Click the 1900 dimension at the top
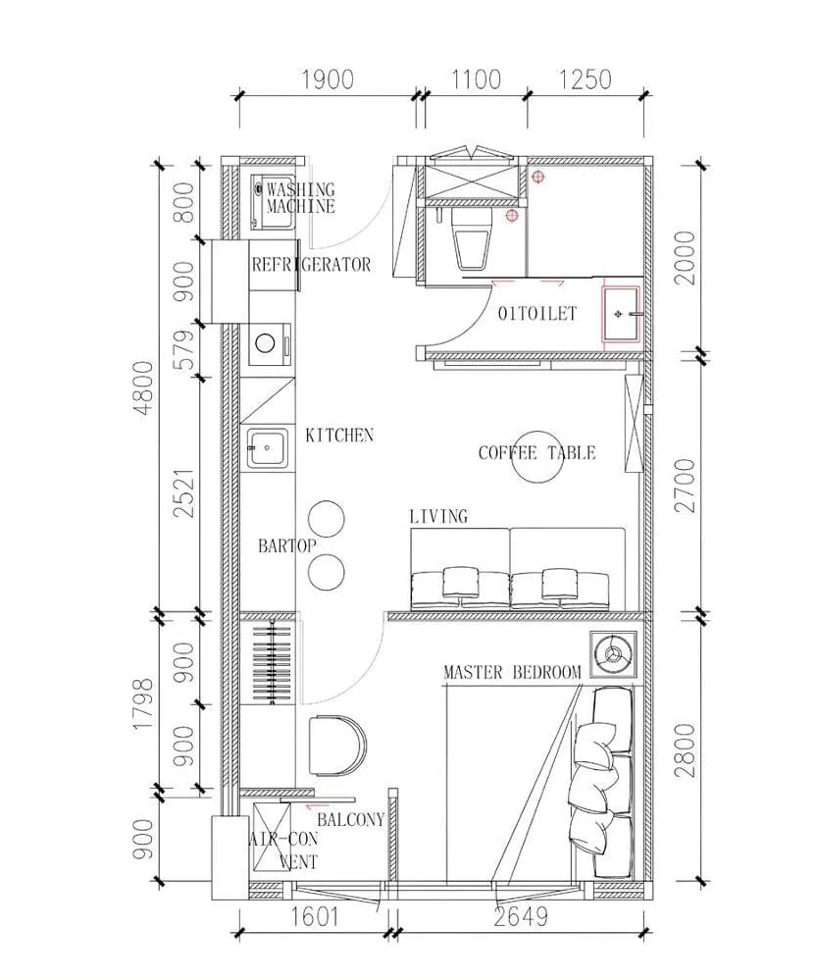[328, 80]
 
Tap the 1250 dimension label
[585, 80]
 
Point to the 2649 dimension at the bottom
[521, 917]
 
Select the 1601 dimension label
[315, 917]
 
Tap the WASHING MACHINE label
[301, 197]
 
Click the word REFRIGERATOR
[311, 265]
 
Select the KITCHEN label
[339, 435]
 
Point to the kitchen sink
[268, 448]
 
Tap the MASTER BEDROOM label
[513, 673]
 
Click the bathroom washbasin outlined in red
[621, 314]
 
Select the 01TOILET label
[537, 313]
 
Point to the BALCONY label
[351, 819]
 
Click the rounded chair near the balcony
[336, 745]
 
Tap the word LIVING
[438, 516]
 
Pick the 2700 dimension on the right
[686, 486]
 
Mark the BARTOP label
[287, 545]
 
